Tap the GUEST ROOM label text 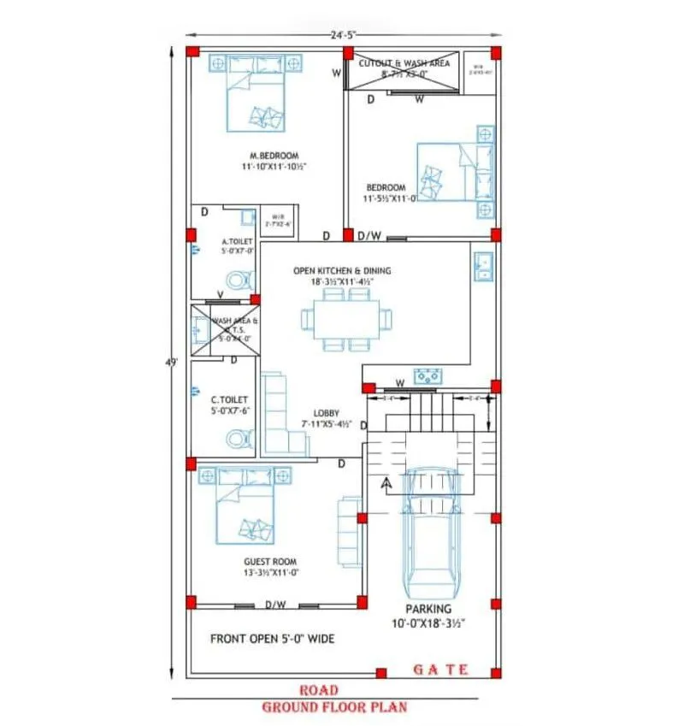(270, 562)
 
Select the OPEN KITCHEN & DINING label (342, 270)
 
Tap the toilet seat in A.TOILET (239, 279)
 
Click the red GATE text (440, 670)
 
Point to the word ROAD (318, 690)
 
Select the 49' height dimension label (172, 363)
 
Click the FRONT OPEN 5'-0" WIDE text (272, 639)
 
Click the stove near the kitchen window (426, 375)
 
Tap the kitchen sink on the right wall (482, 266)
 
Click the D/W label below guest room (274, 605)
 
